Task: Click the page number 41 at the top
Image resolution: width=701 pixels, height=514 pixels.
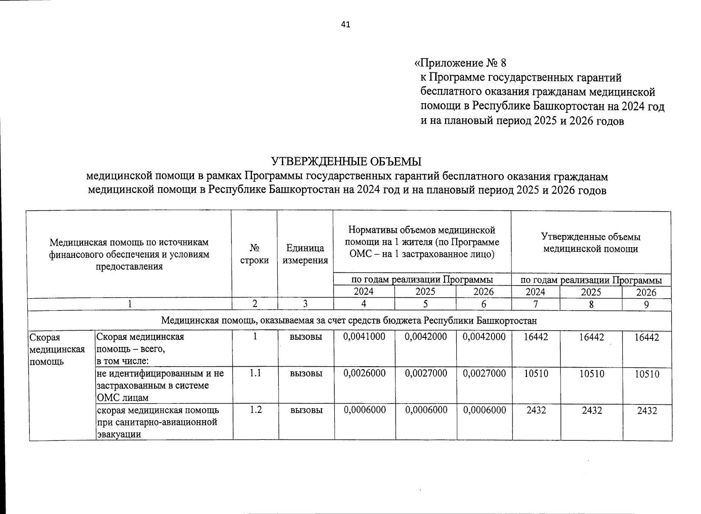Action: pyautogui.click(x=345, y=25)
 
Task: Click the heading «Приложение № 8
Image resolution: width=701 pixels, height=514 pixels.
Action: pyautogui.click(x=460, y=63)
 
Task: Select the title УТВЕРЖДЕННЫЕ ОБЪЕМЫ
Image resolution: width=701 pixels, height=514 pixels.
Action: pyautogui.click(x=347, y=162)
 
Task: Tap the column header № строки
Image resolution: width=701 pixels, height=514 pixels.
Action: pyautogui.click(x=255, y=254)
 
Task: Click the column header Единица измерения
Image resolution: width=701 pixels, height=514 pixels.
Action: pyautogui.click(x=305, y=254)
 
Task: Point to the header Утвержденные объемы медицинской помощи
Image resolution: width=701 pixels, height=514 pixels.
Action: pyautogui.click(x=591, y=243)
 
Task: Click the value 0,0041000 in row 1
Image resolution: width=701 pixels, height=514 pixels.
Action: pyautogui.click(x=364, y=337)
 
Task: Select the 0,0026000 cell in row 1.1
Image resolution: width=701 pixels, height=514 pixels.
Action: pyautogui.click(x=364, y=374)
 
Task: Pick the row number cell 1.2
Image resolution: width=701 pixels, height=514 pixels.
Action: pyautogui.click(x=255, y=410)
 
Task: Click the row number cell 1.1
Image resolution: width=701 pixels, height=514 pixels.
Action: pyautogui.click(x=255, y=374)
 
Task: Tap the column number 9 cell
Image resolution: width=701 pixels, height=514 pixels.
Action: pyautogui.click(x=646, y=305)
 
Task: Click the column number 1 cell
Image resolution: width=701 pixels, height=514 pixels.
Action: pyautogui.click(x=130, y=304)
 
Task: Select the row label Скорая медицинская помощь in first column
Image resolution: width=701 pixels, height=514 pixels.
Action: pyautogui.click(x=57, y=349)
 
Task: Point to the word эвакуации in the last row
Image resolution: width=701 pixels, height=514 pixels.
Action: pyautogui.click(x=119, y=434)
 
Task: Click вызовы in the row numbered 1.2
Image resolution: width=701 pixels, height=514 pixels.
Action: pyautogui.click(x=306, y=410)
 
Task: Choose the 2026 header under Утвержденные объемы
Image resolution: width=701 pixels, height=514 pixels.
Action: pyautogui.click(x=646, y=293)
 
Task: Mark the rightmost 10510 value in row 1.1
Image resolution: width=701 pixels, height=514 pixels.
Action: pyautogui.click(x=647, y=374)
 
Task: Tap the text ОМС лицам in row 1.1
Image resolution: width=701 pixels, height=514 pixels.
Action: pyautogui.click(x=123, y=397)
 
